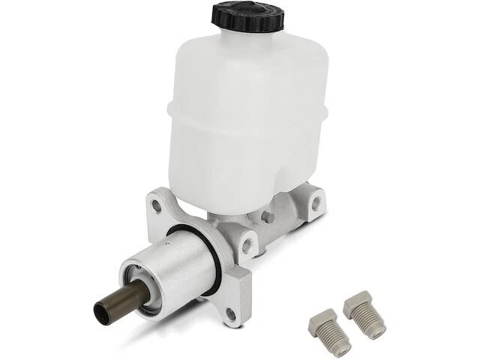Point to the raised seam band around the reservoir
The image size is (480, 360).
click(x=240, y=112)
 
